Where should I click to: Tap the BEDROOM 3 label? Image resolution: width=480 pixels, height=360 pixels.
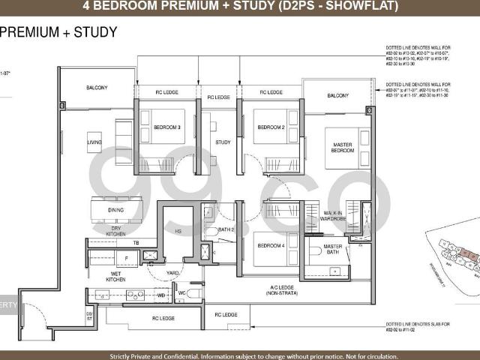click(167, 127)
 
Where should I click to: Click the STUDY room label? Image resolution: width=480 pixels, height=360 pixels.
click(223, 141)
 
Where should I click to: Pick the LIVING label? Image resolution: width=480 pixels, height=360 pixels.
click(94, 141)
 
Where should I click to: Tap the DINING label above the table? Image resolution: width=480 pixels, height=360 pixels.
click(115, 211)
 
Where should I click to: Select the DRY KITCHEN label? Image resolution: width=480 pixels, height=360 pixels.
click(115, 231)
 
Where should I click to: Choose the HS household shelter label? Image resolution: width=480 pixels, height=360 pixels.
click(178, 232)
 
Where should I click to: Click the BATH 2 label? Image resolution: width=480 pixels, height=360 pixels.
click(226, 229)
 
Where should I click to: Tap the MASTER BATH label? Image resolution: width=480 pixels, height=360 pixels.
click(332, 250)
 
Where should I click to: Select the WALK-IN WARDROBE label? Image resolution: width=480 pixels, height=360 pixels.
click(332, 217)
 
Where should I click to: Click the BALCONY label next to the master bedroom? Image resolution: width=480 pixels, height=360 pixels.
click(337, 96)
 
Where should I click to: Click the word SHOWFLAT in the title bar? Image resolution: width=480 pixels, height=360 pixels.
click(356, 7)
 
